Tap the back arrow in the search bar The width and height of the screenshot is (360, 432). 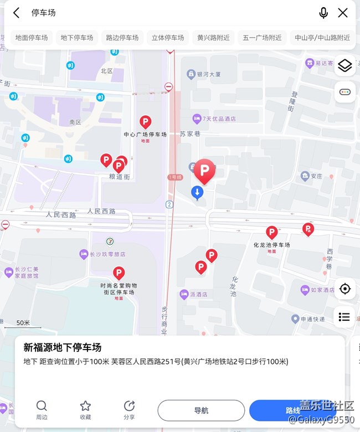pyautogui.click(x=17, y=12)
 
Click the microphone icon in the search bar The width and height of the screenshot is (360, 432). pyautogui.click(x=323, y=12)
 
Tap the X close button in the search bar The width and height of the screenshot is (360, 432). pyautogui.click(x=343, y=12)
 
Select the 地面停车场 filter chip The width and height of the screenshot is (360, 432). pyautogui.click(x=32, y=38)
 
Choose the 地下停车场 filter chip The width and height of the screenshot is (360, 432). pyautogui.click(x=77, y=38)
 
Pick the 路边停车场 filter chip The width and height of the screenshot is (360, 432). pyautogui.click(x=122, y=38)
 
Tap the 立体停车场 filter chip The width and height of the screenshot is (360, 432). pyautogui.click(x=168, y=38)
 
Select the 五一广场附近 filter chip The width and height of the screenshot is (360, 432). pyautogui.click(x=262, y=38)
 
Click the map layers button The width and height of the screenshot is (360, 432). pyautogui.click(x=344, y=65)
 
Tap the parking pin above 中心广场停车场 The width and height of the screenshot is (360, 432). pyautogui.click(x=145, y=122)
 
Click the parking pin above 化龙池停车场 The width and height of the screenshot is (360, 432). pyautogui.click(x=271, y=232)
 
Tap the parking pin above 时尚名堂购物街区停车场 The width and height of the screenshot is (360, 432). pyautogui.click(x=119, y=272)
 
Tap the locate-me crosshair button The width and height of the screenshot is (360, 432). pyautogui.click(x=344, y=289)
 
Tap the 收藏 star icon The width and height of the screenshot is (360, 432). pyautogui.click(x=85, y=406)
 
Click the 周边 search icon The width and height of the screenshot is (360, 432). pyautogui.click(x=42, y=406)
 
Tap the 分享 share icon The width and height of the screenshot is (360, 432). pyautogui.click(x=129, y=406)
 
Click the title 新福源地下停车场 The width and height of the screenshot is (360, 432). pyautogui.click(x=63, y=347)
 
